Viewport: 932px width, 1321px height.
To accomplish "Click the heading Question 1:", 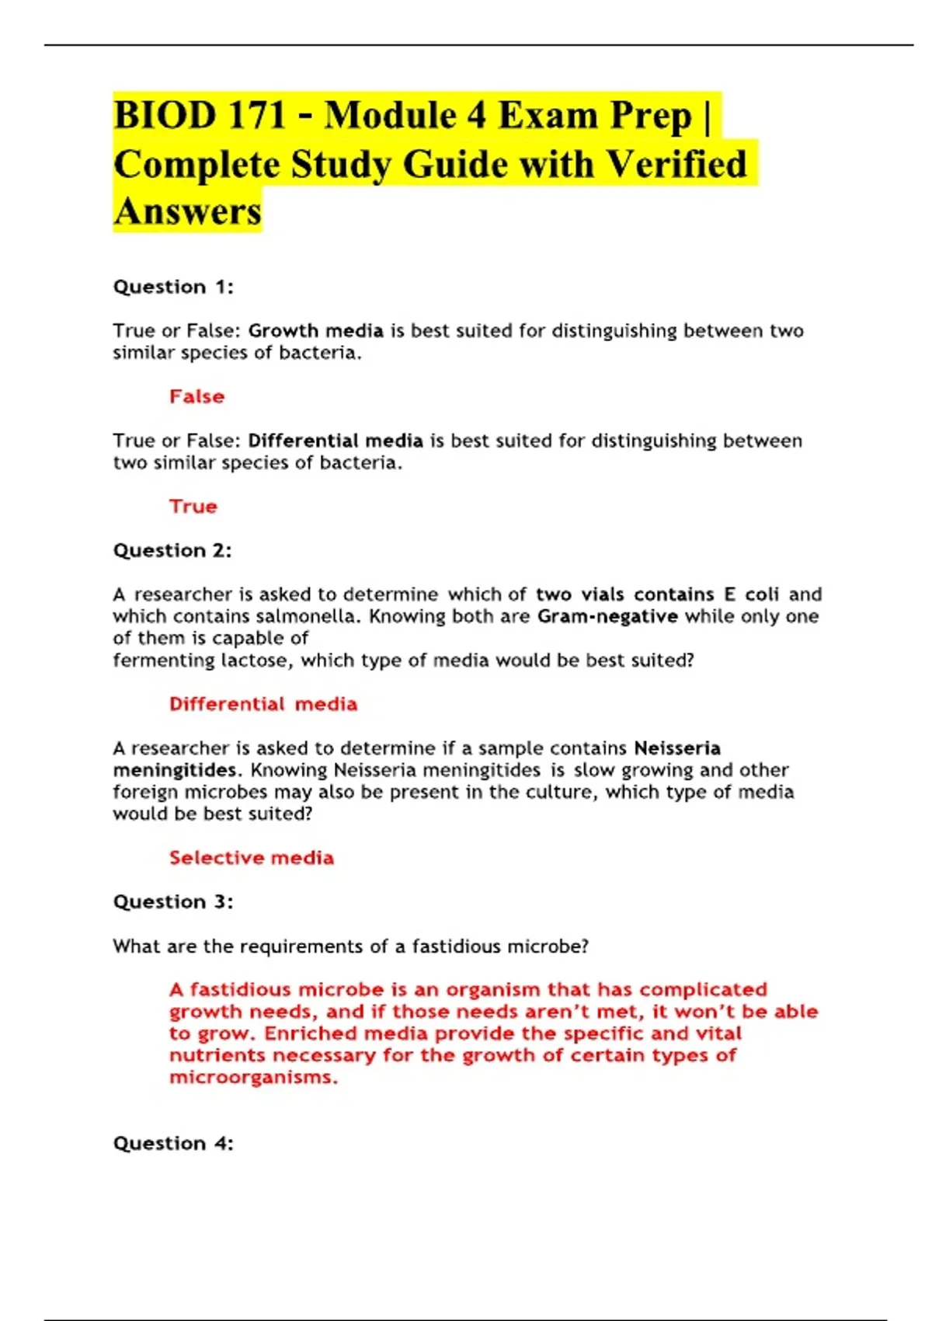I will pyautogui.click(x=173, y=287).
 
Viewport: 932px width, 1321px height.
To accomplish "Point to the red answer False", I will pyautogui.click(x=196, y=396).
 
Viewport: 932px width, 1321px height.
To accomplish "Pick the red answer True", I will pyautogui.click(x=193, y=506).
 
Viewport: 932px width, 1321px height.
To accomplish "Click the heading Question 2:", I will pyautogui.click(x=172, y=550).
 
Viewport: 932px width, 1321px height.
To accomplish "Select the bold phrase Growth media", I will pyautogui.click(x=315, y=331).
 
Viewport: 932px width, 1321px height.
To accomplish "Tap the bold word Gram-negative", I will pyautogui.click(x=607, y=616).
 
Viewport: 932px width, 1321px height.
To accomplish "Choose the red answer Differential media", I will pyautogui.click(x=263, y=704).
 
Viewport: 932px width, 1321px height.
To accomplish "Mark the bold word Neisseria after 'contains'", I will pyautogui.click(x=677, y=748).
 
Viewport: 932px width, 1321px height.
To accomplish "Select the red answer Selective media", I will pyautogui.click(x=252, y=858).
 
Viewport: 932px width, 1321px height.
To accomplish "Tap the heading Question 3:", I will pyautogui.click(x=173, y=901).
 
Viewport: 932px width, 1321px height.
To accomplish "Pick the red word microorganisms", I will pyautogui.click(x=253, y=1078).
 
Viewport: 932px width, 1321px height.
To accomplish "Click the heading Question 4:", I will pyautogui.click(x=173, y=1143).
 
